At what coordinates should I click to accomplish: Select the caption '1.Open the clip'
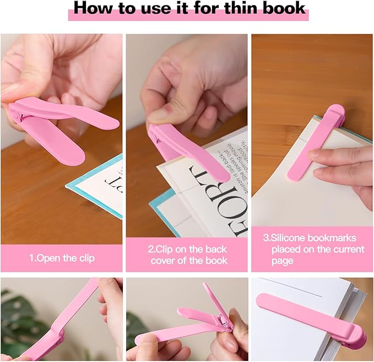coord(61,257)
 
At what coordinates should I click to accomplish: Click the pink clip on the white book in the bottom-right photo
coord(308,314)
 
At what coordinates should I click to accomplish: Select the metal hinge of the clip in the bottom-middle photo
coord(221,320)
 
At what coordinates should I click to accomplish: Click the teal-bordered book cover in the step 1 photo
coord(99,187)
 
